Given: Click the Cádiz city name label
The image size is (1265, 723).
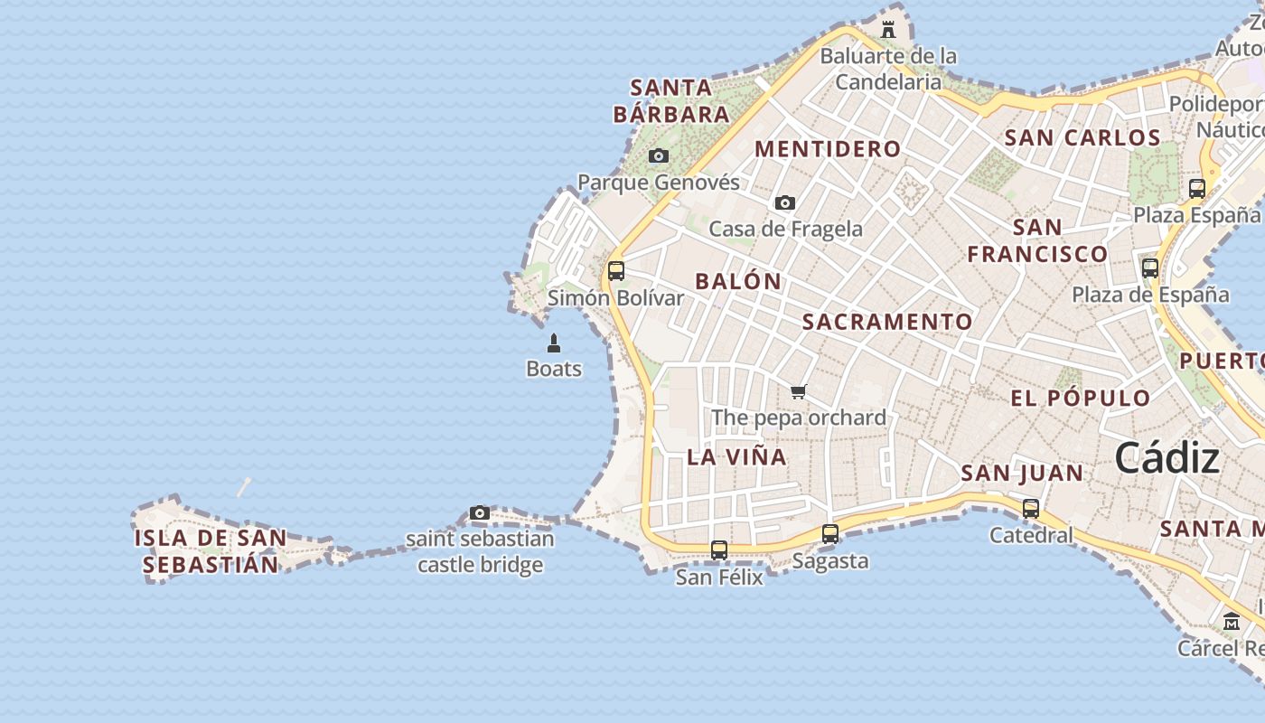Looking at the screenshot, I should coord(1167,458).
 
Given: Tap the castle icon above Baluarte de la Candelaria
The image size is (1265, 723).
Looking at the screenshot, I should coord(888,30).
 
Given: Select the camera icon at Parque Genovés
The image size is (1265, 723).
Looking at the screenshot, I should coord(659,156).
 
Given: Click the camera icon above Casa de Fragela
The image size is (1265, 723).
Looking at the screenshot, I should coord(785,203).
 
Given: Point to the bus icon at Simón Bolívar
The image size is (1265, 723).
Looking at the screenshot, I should coord(616,271).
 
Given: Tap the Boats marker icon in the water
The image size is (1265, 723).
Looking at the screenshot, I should coord(554,343).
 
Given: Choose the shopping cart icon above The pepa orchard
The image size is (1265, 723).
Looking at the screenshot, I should coord(798,391).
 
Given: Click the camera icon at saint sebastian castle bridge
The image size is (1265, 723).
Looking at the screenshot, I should coord(480,513).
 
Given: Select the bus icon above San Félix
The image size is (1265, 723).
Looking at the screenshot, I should coord(719,549).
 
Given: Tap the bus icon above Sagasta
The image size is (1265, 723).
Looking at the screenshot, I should coord(830,534).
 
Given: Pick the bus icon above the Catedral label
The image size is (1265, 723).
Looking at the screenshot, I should coord(1031,509).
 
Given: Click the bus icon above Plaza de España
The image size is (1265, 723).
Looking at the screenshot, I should coord(1150,268).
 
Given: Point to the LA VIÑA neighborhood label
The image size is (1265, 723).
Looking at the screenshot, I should coord(736,457).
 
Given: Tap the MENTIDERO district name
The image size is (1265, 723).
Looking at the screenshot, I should coord(828,149).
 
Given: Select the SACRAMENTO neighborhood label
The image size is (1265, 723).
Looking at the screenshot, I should coord(887,322).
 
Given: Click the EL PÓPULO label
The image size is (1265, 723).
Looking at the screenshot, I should coord(1081,399).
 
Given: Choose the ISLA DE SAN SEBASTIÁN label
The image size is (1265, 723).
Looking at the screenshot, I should coord(211,551).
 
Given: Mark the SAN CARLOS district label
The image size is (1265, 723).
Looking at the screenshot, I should coord(1082,138).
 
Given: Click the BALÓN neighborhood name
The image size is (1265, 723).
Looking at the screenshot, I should coord(738,281).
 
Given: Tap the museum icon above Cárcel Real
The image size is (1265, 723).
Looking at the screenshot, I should coord(1232,622).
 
